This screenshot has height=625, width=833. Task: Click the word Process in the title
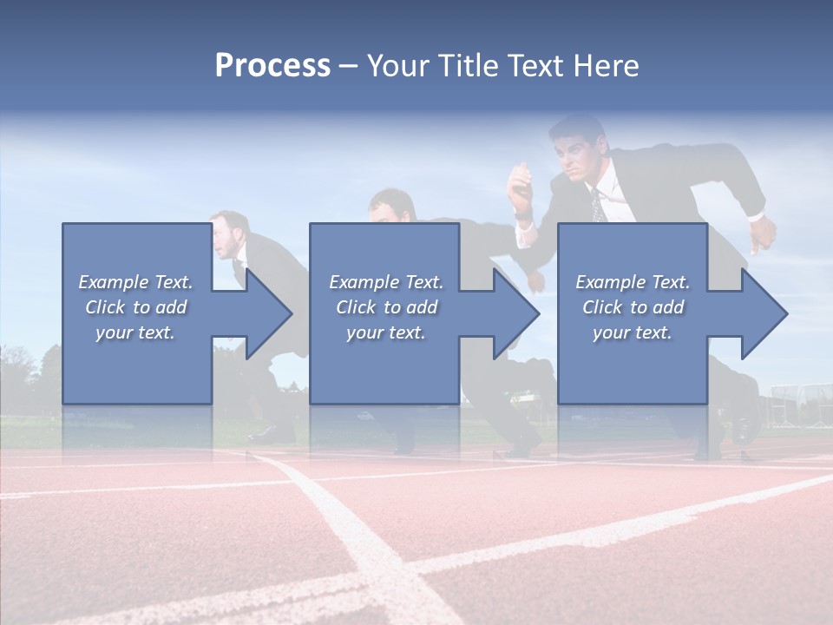pyautogui.click(x=272, y=65)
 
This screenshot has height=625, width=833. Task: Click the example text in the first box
pyautogui.click(x=136, y=307)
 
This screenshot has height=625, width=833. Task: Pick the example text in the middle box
pyautogui.click(x=386, y=307)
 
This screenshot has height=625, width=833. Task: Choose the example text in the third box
pyautogui.click(x=633, y=307)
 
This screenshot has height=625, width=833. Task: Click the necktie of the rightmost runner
pyautogui.click(x=598, y=207)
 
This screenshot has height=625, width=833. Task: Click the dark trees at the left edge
pyautogui.click(x=17, y=373)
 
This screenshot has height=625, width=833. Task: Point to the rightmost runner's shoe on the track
pyautogui.click(x=744, y=430)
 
